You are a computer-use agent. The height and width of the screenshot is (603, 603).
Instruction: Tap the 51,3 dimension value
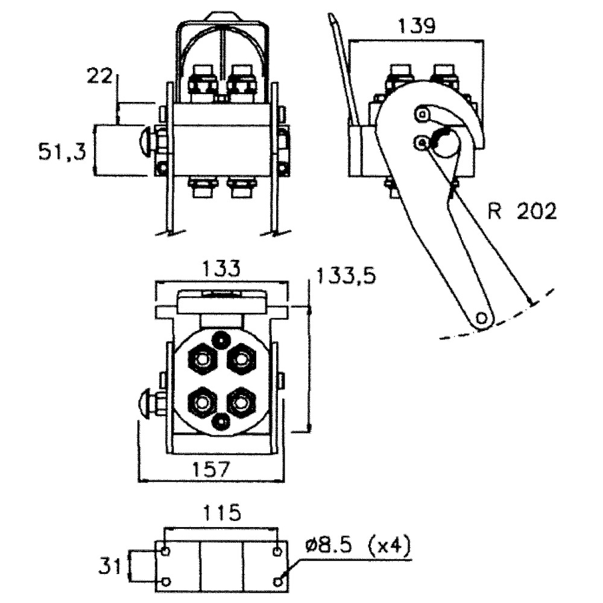tap(62, 151)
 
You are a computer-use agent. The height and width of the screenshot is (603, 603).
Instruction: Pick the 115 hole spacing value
tap(221, 513)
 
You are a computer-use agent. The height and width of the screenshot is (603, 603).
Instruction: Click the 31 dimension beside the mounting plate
tap(111, 565)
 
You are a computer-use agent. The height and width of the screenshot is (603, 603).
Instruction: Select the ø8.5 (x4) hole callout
tap(358, 547)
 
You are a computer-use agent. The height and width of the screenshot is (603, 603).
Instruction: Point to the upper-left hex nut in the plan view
tap(202, 360)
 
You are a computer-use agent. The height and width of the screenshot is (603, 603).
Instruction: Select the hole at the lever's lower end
tap(481, 317)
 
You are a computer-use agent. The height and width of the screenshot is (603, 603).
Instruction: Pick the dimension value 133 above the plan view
tap(221, 268)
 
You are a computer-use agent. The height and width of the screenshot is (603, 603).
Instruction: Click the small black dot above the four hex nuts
tap(222, 339)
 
